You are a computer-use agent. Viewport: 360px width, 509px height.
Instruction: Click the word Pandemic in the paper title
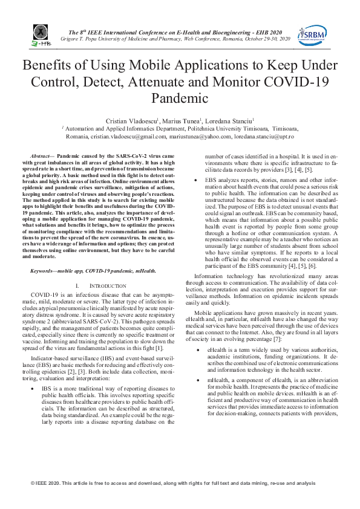click(x=180, y=97)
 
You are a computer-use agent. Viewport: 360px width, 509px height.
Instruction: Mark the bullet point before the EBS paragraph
click(x=194, y=179)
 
